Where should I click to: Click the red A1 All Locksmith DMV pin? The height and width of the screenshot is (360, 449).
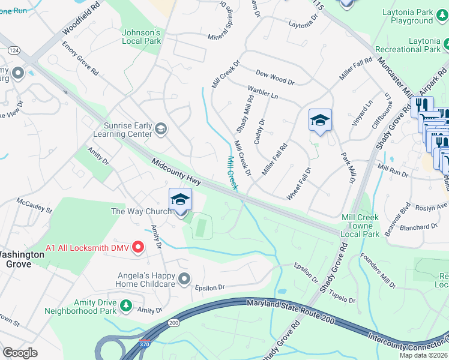tap(139, 247)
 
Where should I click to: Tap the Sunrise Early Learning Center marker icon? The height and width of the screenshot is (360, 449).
tap(160, 128)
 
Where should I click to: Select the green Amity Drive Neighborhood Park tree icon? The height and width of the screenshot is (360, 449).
tap(126, 306)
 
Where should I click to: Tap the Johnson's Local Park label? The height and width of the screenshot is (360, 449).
tap(142, 37)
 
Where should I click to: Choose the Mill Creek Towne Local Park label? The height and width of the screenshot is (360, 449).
tap(360, 226)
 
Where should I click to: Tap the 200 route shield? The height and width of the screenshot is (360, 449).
tap(174, 323)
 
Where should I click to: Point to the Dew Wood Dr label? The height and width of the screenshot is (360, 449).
tap(275, 78)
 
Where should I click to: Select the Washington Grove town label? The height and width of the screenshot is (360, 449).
tap(22, 259)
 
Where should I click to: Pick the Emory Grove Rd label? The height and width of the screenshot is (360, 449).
tap(80, 58)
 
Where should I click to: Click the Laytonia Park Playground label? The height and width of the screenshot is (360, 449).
tap(412, 16)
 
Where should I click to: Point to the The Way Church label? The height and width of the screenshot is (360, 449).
tap(141, 211)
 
